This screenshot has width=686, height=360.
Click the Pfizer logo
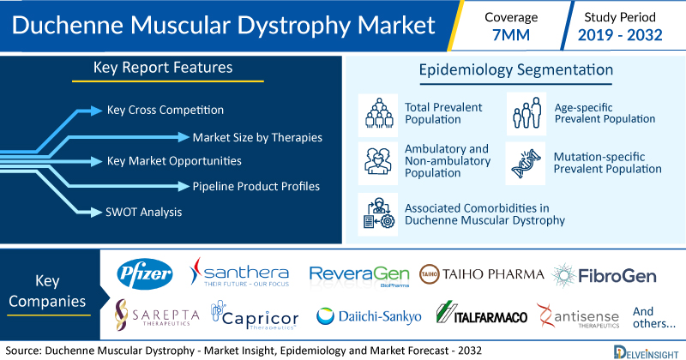[144, 273]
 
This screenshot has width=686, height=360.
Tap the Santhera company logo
[239, 272]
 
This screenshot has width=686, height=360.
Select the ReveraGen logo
[359, 276]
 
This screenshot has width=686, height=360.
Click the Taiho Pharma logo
[482, 274]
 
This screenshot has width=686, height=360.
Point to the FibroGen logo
[604, 276]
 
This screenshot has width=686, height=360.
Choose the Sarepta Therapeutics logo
[157, 315]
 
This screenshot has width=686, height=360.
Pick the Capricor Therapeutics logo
[255, 315]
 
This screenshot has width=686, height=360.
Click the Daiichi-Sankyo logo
[369, 316]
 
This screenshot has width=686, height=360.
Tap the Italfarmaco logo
[482, 313]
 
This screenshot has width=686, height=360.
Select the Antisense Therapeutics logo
[578, 315]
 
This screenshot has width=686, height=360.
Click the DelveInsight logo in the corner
[646, 352]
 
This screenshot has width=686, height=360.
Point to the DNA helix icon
[526, 163]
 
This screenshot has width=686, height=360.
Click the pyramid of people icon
[379, 113]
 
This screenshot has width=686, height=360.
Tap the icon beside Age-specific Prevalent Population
[527, 113]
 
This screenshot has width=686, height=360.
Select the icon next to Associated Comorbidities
[378, 213]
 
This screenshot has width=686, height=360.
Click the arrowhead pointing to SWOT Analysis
[96, 213]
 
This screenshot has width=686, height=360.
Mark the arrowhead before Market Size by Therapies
[184, 137]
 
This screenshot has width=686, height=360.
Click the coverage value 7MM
[511, 35]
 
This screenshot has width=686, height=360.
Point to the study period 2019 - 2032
[620, 35]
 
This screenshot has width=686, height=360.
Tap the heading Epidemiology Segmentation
[516, 69]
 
